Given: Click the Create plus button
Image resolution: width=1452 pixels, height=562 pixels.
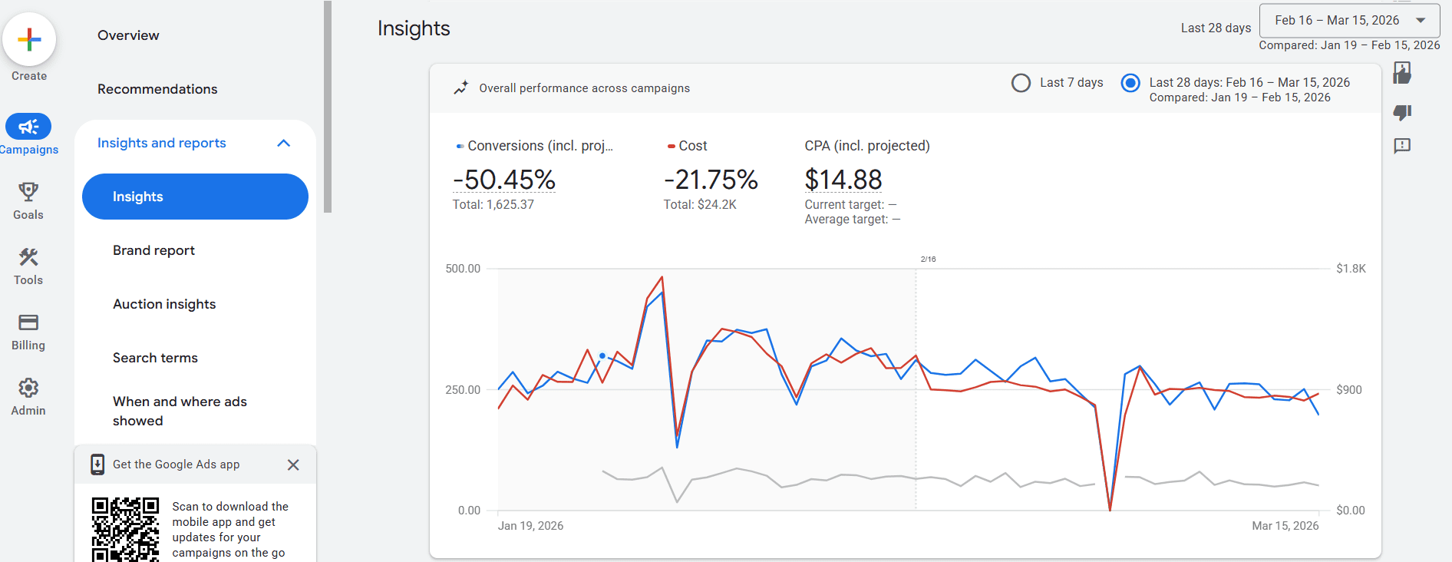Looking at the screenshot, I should (29, 39).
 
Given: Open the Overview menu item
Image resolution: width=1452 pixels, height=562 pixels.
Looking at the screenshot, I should (128, 35).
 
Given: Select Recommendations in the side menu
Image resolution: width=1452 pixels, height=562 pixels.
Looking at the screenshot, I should (157, 89).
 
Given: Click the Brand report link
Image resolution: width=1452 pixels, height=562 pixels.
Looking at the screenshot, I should (153, 250).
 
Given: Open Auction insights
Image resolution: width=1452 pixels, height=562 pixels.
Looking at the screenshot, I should (164, 304).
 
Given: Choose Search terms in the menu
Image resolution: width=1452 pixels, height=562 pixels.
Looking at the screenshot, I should (155, 358).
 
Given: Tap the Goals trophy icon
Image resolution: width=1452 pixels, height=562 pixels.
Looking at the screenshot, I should (28, 191).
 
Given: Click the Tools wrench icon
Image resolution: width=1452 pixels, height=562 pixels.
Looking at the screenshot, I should (28, 256).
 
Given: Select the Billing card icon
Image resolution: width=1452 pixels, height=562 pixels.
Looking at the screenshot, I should (28, 322).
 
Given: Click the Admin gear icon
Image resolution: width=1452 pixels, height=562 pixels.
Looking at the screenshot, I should (28, 388).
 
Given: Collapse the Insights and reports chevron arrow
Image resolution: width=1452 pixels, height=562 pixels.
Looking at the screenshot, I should (283, 143).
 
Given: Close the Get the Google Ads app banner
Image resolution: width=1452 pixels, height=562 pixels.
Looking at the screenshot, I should (293, 464).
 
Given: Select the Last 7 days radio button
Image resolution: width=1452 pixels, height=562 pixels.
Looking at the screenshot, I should (1021, 83).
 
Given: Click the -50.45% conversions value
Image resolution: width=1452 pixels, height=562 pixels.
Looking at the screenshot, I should (503, 180).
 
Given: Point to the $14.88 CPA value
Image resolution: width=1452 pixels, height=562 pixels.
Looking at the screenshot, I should (843, 180).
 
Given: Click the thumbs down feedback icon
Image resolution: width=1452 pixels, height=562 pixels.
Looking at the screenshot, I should (1402, 113).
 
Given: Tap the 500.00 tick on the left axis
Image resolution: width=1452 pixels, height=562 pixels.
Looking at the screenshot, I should (463, 269).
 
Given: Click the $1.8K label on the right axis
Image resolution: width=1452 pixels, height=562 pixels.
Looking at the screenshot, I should (1351, 269).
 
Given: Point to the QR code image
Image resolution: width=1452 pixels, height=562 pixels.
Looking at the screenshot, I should (125, 529).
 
